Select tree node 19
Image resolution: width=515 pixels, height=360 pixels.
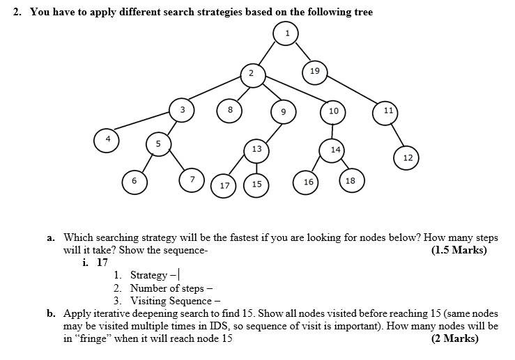pos(315,71)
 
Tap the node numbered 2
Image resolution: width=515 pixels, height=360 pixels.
pos(253,75)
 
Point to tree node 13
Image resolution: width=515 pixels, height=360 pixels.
pos(256,149)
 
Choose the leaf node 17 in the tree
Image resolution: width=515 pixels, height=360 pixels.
pos(224,185)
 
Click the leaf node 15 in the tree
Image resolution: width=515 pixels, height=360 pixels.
pos(256,185)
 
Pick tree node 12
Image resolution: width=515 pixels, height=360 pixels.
pos(408,158)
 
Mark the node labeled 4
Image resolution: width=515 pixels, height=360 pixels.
pos(107,139)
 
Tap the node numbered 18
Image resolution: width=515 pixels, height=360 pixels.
pos(350,180)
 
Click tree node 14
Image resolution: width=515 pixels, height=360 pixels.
pos(335,149)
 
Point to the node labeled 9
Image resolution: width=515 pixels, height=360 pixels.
pos(283,111)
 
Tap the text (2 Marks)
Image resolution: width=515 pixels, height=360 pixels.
pos(455,338)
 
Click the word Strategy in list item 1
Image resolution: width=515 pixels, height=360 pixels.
pos(148,275)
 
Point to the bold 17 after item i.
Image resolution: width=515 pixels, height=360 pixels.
pos(102,263)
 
